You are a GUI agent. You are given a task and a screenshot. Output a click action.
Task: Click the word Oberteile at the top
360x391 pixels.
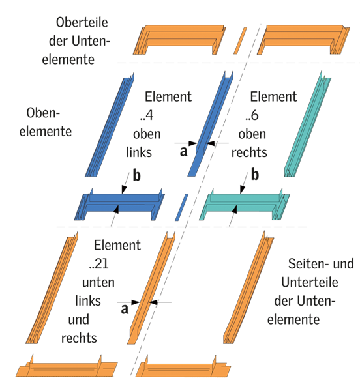[82, 22]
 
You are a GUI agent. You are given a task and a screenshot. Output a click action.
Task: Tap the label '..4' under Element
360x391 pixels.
[147, 115]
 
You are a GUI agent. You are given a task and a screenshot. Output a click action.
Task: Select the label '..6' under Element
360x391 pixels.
[252, 115]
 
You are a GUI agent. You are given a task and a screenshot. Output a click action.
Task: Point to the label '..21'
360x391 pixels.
[98, 264]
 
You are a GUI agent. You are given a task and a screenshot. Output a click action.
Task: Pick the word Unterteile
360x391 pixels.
[310, 282]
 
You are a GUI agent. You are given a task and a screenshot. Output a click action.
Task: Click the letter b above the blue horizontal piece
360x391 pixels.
[136, 175]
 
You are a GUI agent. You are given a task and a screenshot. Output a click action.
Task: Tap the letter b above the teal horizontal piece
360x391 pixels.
[255, 175]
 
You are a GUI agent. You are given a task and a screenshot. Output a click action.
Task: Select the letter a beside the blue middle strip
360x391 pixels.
[184, 152]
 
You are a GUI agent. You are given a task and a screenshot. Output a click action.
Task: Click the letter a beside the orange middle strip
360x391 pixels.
[125, 309]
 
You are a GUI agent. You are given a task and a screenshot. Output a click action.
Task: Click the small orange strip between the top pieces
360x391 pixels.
[240, 40]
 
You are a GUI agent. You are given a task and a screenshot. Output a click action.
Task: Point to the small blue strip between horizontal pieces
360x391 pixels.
[181, 207]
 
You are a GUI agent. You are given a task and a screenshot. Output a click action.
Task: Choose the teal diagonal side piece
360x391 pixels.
[308, 124]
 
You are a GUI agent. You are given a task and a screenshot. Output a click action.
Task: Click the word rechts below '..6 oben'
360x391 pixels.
[249, 152]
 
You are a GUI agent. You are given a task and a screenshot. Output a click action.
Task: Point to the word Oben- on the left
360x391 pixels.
[43, 113]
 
